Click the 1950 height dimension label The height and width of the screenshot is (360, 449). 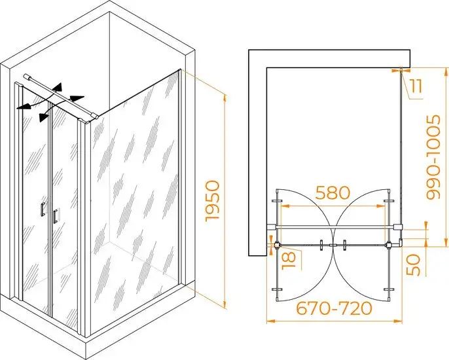pos(213,200)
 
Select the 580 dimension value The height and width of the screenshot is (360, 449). pos(332,192)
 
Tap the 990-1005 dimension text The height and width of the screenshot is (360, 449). pos(433,157)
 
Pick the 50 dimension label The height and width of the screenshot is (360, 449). pos(413,264)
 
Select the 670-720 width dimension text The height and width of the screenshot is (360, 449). pos(334,308)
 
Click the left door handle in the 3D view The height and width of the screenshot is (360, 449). pos(43,209)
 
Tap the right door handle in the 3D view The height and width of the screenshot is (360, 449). pos(54,216)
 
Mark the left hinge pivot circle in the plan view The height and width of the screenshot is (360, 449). pos(278,245)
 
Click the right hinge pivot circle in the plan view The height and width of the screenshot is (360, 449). pos(389,245)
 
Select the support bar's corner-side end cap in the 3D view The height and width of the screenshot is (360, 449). pos(95,116)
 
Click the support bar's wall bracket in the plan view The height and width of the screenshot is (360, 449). pos(271,227)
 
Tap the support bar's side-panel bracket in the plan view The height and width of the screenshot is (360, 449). pos(398,227)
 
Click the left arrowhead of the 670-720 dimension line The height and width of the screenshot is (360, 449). pos(269,321)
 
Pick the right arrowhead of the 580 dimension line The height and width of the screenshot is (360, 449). pos(384,206)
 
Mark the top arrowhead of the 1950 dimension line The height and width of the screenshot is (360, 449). pos(224,98)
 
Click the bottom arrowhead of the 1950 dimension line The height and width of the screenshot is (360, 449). pos(224,305)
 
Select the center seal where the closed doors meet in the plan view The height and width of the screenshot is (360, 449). pos(333,245)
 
